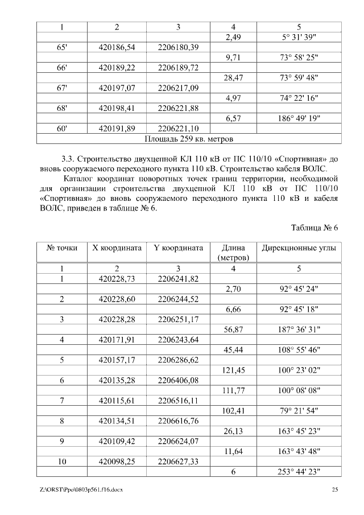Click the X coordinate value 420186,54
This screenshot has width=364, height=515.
(x=117, y=47)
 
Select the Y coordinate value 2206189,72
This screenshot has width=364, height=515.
(x=178, y=67)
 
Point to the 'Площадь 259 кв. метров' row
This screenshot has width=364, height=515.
(x=189, y=138)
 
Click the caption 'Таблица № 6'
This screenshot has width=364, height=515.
(x=315, y=228)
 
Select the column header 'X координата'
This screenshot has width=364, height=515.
(x=117, y=248)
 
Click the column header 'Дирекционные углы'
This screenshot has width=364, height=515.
(x=299, y=248)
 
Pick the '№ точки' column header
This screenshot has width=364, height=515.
(x=62, y=248)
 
